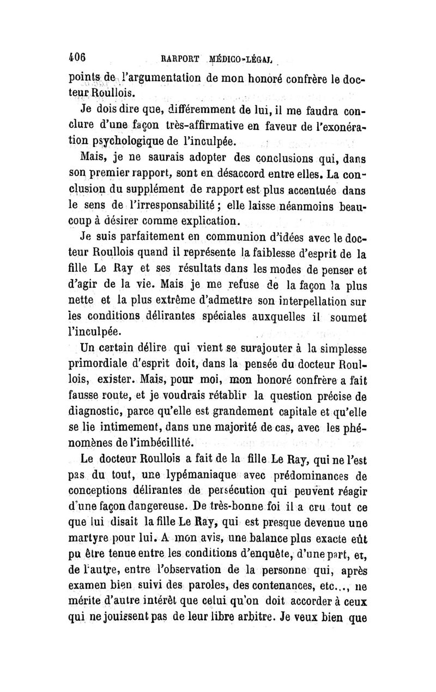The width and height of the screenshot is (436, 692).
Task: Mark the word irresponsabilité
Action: pyautogui.click(x=177, y=207)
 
